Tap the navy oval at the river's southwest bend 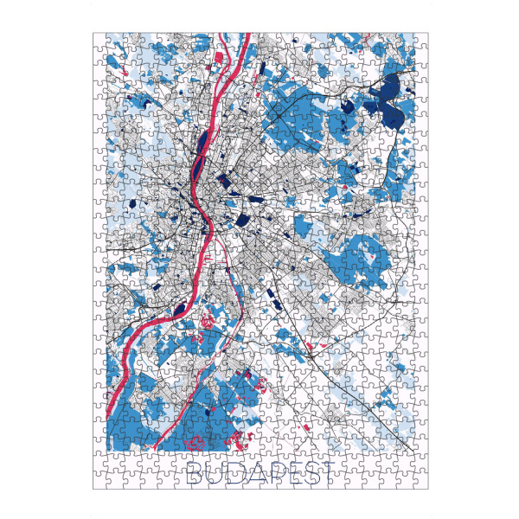click(x=180, y=309)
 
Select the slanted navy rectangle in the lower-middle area click(x=275, y=302)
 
